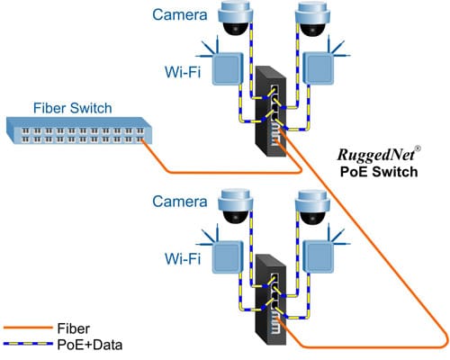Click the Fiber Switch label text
click(x=73, y=108)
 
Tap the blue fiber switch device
click(x=79, y=130)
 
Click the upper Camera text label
click(x=180, y=14)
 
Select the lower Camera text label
click(x=180, y=202)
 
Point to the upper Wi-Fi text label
click(x=183, y=72)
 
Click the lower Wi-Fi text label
click(x=183, y=258)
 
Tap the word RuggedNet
click(x=376, y=155)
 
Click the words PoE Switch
click(x=379, y=172)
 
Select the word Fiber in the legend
click(x=73, y=328)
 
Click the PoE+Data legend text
click(x=90, y=345)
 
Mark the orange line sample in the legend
click(x=28, y=328)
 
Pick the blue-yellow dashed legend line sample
click(x=28, y=344)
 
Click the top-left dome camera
click(x=236, y=19)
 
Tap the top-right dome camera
click(x=313, y=19)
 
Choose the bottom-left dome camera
click(x=236, y=206)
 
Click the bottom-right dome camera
click(x=313, y=206)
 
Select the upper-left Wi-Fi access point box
click(x=228, y=68)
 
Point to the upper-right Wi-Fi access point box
click(x=319, y=68)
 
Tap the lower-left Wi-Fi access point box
click(x=228, y=256)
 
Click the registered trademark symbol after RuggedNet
click(x=418, y=148)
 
